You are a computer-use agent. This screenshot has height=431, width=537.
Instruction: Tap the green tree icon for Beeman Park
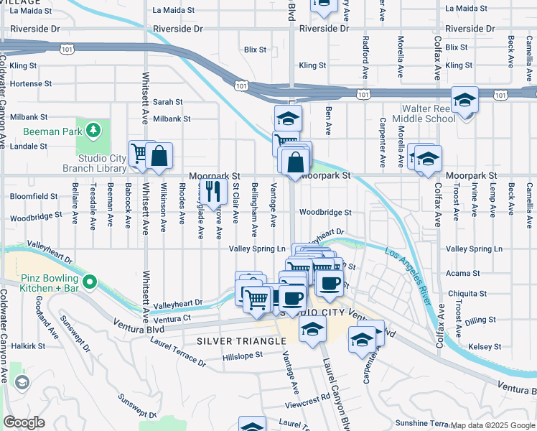click(x=92, y=130)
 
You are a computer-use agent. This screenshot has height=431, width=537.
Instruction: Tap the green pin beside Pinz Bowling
click(x=90, y=282)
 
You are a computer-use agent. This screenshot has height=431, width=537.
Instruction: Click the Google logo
click(x=24, y=422)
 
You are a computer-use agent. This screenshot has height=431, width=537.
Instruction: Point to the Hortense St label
click(x=31, y=84)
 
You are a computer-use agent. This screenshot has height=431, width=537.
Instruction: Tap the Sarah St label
click(x=168, y=103)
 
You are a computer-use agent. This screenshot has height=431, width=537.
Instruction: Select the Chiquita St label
click(x=463, y=293)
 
